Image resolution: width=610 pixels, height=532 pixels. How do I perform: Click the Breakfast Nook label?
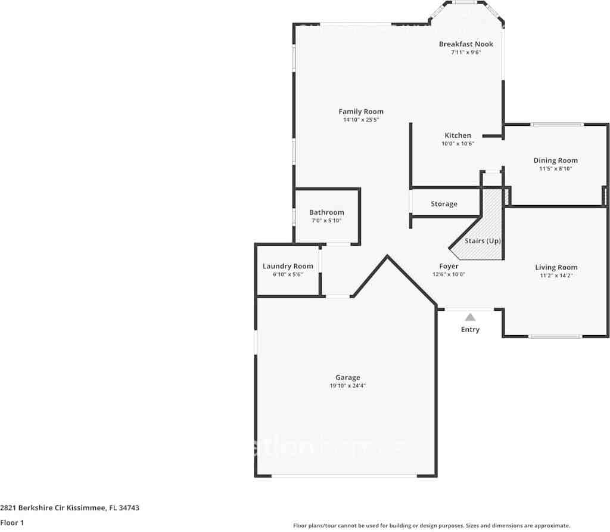tap(466, 44)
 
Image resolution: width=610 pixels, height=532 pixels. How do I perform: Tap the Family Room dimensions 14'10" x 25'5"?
tap(361, 120)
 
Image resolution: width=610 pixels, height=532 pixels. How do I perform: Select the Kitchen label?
tap(457, 135)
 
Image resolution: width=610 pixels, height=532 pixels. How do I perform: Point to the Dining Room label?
tap(555, 160)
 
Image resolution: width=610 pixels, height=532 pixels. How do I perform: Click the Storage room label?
tap(444, 204)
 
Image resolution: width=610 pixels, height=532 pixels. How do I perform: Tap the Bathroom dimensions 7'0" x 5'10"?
tap(326, 221)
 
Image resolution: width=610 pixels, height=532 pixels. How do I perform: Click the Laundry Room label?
tap(288, 267)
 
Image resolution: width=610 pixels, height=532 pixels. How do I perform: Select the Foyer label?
tap(449, 267)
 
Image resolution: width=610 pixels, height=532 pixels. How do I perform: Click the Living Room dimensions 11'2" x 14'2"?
tap(556, 276)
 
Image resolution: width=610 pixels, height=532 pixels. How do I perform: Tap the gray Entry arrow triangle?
tap(470, 317)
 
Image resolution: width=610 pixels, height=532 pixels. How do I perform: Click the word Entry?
tap(470, 330)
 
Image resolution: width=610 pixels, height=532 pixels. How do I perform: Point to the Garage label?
tap(347, 378)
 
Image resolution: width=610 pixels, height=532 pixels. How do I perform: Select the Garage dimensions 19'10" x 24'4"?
tap(347, 386)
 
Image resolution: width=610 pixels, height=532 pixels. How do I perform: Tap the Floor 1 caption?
tap(12, 523)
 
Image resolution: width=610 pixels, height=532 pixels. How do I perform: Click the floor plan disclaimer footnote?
tap(431, 525)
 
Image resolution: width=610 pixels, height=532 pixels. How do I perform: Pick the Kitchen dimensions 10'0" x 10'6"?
tap(457, 144)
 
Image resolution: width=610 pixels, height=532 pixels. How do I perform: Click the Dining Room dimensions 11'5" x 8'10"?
tap(555, 169)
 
